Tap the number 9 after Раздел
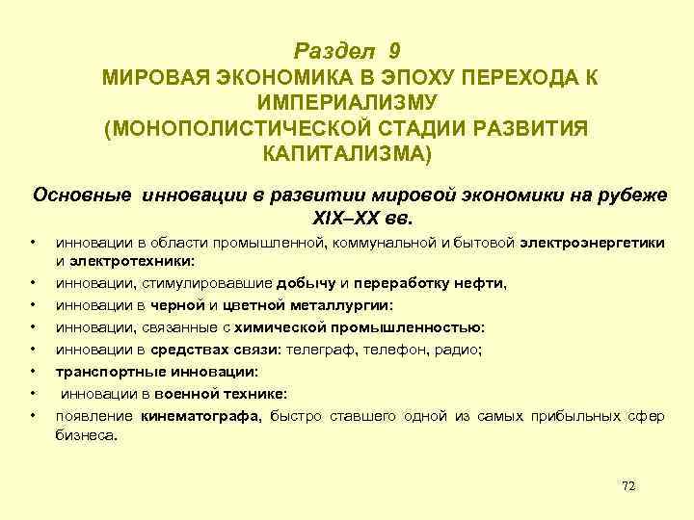point(396,49)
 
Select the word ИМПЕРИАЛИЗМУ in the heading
point(347,102)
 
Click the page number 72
point(628,486)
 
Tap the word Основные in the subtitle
point(84,194)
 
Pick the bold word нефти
point(483,283)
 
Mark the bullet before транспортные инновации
point(32,371)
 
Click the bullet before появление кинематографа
point(32,416)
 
